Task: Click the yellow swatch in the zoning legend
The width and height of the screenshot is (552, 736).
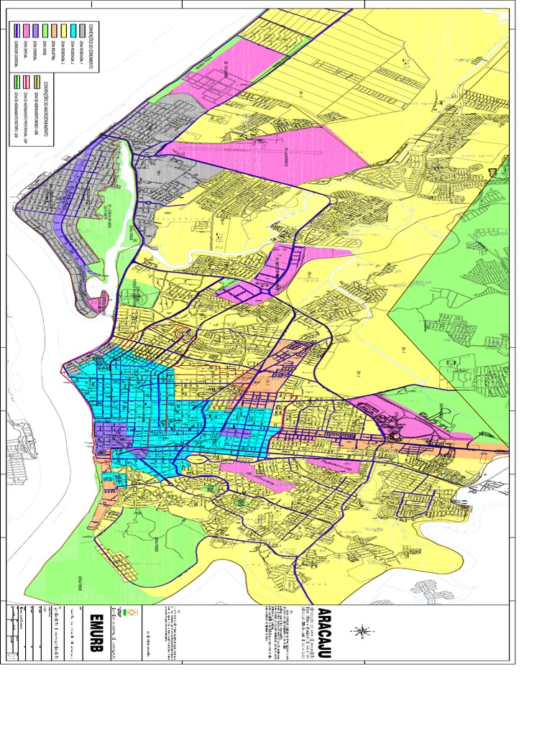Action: (x=63, y=29)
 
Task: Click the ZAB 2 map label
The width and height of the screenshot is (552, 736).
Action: (x=357, y=373)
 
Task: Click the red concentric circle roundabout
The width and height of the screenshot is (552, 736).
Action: (x=178, y=334)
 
